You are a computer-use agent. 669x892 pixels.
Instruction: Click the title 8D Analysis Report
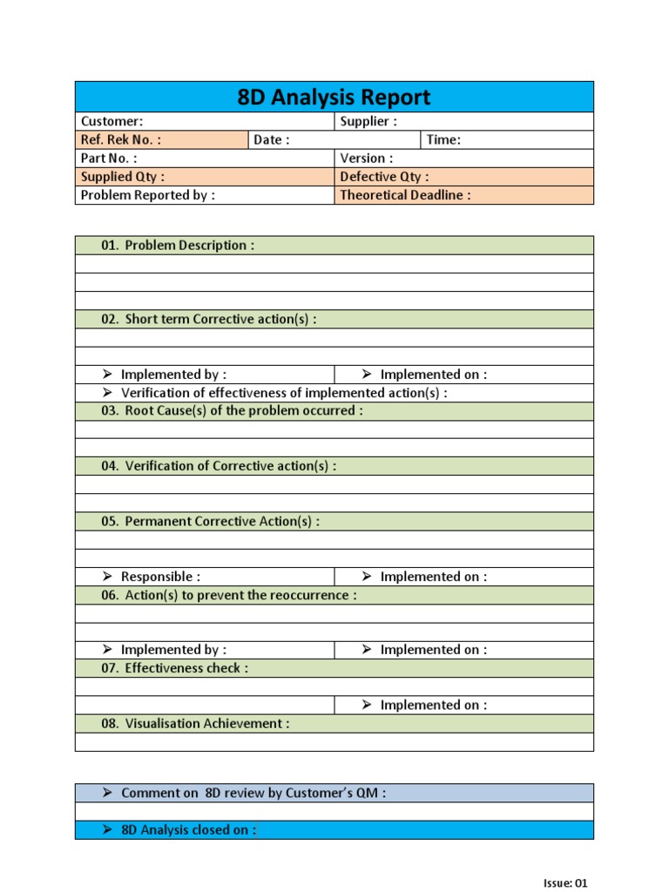point(334,97)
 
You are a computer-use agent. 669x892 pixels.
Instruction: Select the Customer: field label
point(112,122)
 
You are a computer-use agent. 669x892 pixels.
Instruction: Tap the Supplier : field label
point(368,122)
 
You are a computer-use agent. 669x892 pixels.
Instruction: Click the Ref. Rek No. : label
point(120,140)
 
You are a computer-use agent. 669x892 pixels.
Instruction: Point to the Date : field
point(272,140)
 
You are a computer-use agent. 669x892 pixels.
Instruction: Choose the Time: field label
point(443,140)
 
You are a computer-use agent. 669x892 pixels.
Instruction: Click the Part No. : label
point(109,159)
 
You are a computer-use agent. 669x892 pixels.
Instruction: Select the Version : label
point(367,159)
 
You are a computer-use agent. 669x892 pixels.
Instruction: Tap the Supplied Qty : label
point(123,177)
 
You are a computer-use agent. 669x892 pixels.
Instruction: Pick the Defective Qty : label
point(384,177)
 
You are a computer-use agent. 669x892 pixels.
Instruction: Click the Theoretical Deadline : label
point(405,195)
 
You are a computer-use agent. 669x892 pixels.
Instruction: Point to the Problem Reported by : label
point(147,195)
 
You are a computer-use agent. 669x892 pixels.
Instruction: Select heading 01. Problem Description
point(178,246)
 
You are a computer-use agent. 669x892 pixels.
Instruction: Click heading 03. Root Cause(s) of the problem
point(232,411)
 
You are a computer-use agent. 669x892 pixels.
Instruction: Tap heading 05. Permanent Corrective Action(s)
point(210,522)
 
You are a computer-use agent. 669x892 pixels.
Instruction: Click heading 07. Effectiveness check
point(174,668)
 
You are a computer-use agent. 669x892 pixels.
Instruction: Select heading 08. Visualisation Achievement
point(195,724)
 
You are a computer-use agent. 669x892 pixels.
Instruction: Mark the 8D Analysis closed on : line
point(188,830)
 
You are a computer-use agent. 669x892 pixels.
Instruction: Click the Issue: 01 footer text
point(565,883)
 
